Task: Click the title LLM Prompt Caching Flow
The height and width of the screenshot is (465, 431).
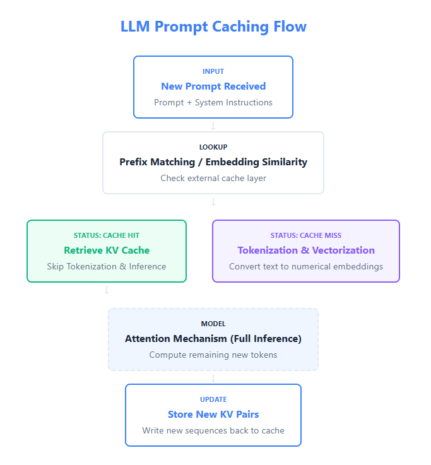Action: (x=213, y=26)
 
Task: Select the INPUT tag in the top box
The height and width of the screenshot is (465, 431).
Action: (x=213, y=71)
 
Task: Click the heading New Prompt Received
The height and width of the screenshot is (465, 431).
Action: (x=213, y=86)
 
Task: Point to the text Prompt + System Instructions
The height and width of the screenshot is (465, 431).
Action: (x=213, y=102)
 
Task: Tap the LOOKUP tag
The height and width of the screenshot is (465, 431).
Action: (x=213, y=147)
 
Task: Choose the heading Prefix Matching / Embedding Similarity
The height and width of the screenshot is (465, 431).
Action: (x=213, y=162)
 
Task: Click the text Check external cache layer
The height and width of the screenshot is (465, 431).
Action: (x=213, y=178)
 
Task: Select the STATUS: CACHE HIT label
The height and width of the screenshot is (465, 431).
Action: (x=107, y=235)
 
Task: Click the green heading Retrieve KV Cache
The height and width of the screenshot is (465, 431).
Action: (x=107, y=250)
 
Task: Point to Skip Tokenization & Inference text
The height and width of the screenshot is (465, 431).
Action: (x=107, y=266)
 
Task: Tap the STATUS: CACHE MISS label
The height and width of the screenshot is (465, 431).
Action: (x=306, y=235)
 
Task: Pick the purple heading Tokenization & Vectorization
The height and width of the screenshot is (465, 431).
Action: (x=306, y=250)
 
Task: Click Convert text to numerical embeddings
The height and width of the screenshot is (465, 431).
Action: (x=306, y=266)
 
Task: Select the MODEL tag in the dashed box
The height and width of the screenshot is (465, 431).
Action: (x=213, y=324)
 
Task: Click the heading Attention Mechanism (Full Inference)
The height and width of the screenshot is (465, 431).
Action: (x=213, y=339)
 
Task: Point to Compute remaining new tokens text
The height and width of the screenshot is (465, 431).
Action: (x=213, y=355)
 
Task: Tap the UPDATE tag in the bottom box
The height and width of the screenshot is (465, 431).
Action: (x=213, y=399)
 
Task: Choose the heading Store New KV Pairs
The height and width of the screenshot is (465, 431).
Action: (x=213, y=415)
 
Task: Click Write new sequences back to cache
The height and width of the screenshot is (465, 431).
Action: (x=213, y=430)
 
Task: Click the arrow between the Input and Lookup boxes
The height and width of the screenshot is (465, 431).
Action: (x=213, y=126)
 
